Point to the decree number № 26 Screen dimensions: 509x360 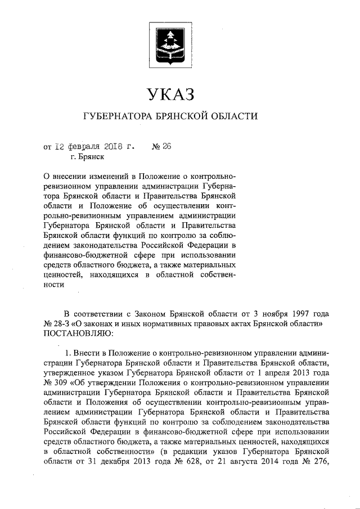[161, 147]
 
